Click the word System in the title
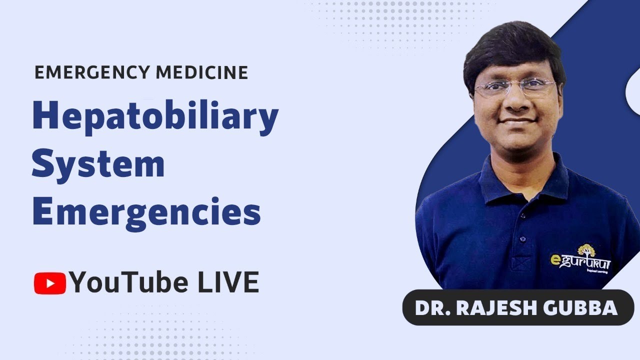point(98,164)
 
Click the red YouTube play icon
point(49,283)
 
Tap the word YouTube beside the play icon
point(129,282)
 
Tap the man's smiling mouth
point(517,121)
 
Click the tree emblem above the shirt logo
point(586,250)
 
